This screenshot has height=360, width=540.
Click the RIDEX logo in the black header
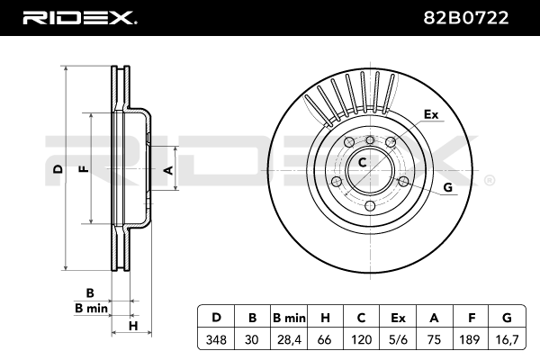tap(80, 18)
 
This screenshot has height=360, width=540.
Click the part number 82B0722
tap(465, 18)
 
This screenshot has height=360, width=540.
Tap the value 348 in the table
tap(216, 339)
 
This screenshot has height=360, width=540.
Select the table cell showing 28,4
tap(289, 339)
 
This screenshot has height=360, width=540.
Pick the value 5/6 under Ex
tap(398, 339)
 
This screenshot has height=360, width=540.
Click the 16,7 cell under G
tap(508, 339)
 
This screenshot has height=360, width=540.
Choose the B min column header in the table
tap(289, 318)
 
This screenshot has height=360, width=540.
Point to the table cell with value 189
tap(470, 339)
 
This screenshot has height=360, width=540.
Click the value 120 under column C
tap(361, 339)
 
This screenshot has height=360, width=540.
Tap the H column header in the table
tap(325, 318)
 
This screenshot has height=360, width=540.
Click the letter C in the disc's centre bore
tap(363, 162)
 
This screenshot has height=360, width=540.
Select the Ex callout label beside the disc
tap(431, 114)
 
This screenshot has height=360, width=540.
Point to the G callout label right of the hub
tap(447, 187)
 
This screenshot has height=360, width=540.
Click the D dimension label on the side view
tap(58, 169)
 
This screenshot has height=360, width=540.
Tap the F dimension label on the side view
tap(85, 169)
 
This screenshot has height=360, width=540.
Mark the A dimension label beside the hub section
tap(169, 170)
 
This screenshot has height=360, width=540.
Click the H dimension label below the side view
tap(133, 326)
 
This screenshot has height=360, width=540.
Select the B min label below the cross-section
tap(91, 308)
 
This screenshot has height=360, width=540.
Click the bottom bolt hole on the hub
tap(370, 206)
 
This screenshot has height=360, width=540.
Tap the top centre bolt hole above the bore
tap(370, 139)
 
